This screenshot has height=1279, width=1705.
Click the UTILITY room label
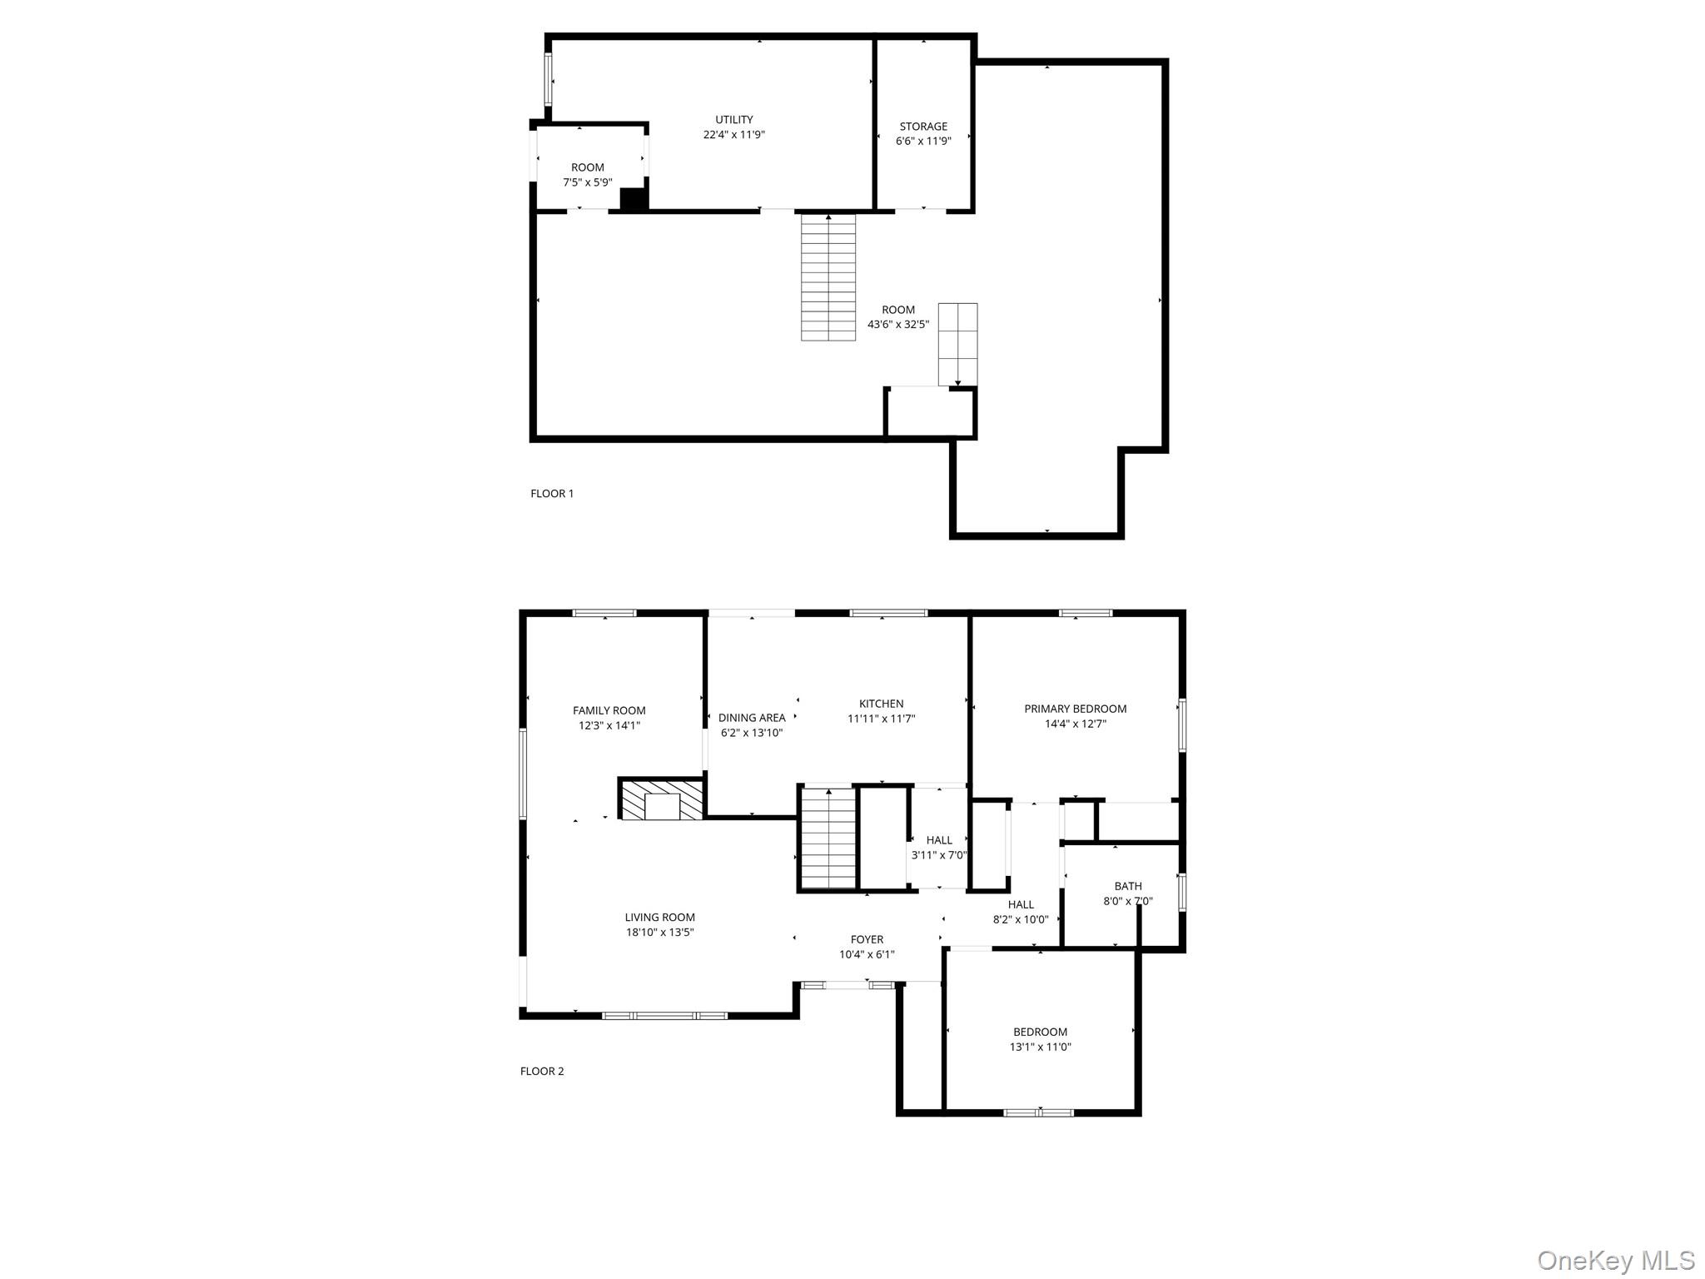[x=734, y=119]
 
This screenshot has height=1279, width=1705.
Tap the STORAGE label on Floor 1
[x=923, y=127]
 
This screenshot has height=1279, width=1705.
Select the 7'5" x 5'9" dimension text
[x=588, y=182]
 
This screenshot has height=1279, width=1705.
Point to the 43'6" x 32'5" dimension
[x=898, y=325]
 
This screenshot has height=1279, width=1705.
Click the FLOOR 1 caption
[x=552, y=494]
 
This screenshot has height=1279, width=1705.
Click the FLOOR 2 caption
[x=542, y=1072]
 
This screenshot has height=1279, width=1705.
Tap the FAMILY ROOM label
[x=609, y=710]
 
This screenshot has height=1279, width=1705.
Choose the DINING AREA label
[x=752, y=718]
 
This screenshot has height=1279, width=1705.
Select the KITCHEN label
[x=882, y=704]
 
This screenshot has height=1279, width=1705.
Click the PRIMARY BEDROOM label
[x=1076, y=709]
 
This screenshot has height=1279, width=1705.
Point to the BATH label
[x=1128, y=886]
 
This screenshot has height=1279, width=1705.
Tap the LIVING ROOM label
[x=660, y=918]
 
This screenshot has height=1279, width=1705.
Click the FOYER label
[x=867, y=939]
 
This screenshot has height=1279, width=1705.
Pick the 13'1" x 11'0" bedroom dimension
[x=1041, y=1047]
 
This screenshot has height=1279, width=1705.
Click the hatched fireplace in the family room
[x=662, y=799]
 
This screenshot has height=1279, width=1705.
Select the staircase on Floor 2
[x=828, y=838]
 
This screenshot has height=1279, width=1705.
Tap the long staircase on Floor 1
[x=828, y=277]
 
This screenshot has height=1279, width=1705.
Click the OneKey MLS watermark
[x=1616, y=1260]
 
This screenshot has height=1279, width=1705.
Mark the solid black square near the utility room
[x=634, y=200]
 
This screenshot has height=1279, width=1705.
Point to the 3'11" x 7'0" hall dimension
[x=939, y=855]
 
